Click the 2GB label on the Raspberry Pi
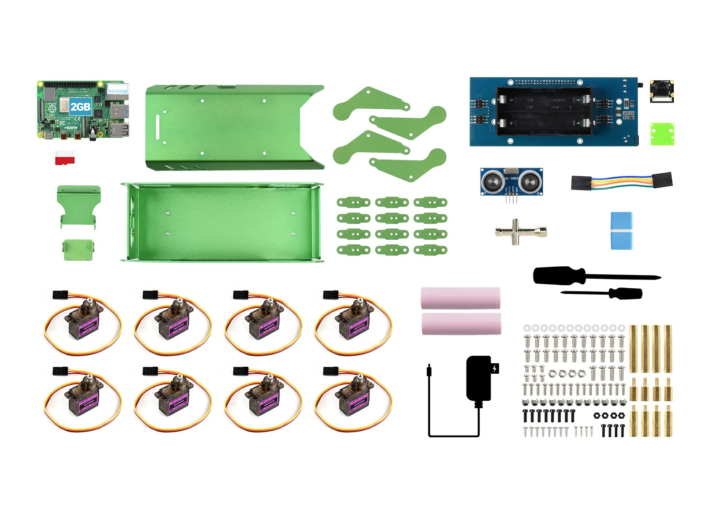coord(80,107)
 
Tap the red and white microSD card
coord(65,157)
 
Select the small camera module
coord(662,91)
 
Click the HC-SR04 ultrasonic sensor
coord(511,182)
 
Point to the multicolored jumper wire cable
coord(621,181)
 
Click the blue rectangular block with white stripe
coord(621,231)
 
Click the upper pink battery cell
coord(460,298)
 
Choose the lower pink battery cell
coord(461,324)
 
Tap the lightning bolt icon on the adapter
coord(495,369)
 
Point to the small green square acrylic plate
coord(662,134)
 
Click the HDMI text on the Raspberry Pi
coord(71,127)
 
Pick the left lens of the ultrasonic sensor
coord(492,181)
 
